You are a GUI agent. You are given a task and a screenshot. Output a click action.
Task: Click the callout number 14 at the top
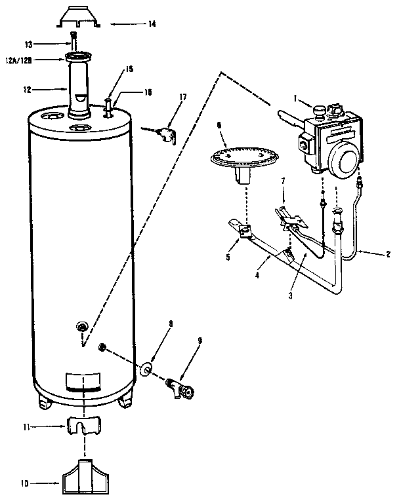pyautogui.click(x=152, y=24)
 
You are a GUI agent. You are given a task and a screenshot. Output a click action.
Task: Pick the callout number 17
pyautogui.click(x=182, y=98)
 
